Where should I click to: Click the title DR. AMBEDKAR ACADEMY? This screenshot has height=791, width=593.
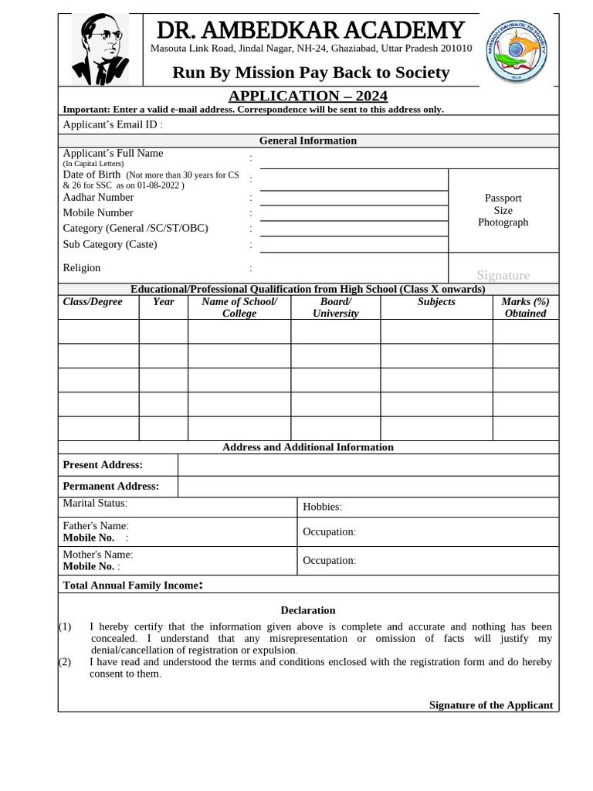[x=310, y=31]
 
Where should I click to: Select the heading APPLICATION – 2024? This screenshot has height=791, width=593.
[x=308, y=96]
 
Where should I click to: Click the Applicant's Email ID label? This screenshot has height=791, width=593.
[x=113, y=124]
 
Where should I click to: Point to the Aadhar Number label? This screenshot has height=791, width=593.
[x=98, y=197]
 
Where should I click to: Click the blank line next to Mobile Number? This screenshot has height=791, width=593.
[x=354, y=213]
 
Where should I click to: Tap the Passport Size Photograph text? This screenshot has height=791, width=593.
[x=503, y=210]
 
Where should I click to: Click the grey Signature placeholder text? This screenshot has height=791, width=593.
[x=503, y=275]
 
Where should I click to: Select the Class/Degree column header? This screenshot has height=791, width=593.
[x=93, y=302]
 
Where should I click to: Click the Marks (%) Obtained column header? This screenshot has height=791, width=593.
[x=525, y=307]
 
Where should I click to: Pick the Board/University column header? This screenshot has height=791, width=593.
[x=335, y=307]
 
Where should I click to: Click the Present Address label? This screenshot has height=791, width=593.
[x=103, y=465]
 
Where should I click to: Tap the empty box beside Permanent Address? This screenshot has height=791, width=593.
[x=368, y=487]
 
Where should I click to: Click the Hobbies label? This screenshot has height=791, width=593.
[x=322, y=507]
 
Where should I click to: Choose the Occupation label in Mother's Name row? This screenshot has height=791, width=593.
[x=329, y=560]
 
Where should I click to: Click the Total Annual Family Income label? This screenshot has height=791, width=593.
[x=133, y=586]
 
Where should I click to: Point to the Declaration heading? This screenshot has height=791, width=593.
[x=308, y=610]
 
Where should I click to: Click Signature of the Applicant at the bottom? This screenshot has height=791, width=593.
[x=491, y=705]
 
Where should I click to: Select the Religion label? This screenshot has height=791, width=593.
[x=82, y=268]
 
